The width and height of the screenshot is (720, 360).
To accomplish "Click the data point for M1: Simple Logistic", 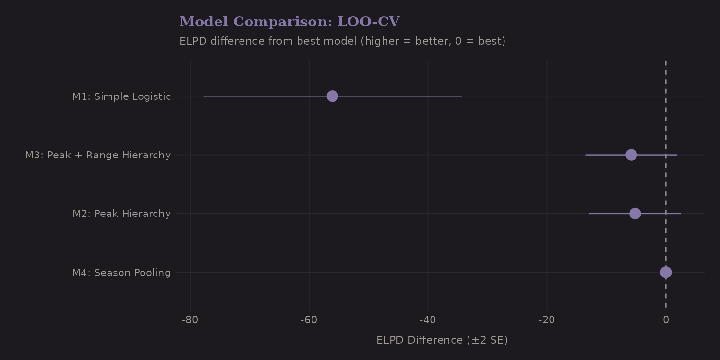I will tap(332, 96).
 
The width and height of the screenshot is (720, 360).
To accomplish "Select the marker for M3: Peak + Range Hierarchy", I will tap(631, 155).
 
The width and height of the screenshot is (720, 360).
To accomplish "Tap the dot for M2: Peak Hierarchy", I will tap(635, 214).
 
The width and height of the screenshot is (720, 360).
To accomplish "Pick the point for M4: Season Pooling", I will tap(666, 272).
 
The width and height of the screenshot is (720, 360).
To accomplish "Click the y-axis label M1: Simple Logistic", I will tap(121, 96).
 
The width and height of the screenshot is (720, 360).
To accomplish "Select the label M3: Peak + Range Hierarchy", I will tap(98, 155).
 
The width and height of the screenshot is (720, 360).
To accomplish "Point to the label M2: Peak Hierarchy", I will tap(121, 214).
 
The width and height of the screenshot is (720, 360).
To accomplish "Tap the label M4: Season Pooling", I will tap(121, 273).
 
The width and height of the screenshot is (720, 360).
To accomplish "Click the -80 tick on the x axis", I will tap(190, 320).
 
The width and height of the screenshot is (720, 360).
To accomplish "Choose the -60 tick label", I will tap(309, 320).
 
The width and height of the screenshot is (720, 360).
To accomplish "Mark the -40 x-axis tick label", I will tap(428, 320).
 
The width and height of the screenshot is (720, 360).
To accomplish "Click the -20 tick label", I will tap(547, 320).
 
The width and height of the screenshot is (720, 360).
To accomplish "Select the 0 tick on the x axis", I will tap(666, 320).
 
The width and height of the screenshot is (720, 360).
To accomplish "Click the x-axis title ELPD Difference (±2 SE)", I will tap(442, 340).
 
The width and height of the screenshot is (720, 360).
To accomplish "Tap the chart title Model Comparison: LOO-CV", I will tap(289, 22).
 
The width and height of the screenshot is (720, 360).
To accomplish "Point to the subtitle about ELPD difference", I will tap(342, 41).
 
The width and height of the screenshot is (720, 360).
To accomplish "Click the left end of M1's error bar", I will tap(204, 96).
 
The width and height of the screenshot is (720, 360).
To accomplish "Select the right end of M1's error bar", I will tap(461, 96).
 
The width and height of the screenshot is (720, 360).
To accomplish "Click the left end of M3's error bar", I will tap(586, 155).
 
